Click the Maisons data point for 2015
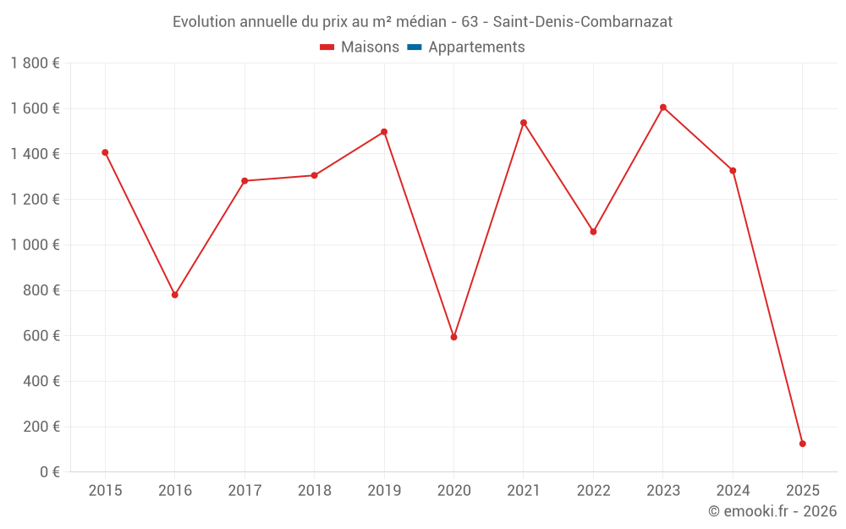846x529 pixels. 105,152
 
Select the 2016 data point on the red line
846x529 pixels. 175,295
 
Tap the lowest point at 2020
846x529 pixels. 453,337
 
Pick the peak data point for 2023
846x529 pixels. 662,107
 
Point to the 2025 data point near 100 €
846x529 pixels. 802,444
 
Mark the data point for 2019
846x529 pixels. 384,132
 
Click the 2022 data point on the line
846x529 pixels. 593,231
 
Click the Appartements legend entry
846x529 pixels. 476,47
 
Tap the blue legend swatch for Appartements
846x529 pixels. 414,47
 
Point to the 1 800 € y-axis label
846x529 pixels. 35,63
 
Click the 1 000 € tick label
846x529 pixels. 35,245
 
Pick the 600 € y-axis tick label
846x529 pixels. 40,336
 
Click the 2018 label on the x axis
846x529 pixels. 314,491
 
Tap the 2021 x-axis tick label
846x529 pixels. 524,491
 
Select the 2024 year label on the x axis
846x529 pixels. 733,491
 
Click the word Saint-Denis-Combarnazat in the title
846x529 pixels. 584,22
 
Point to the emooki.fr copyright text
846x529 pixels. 772,511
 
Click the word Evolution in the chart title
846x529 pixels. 203,22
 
